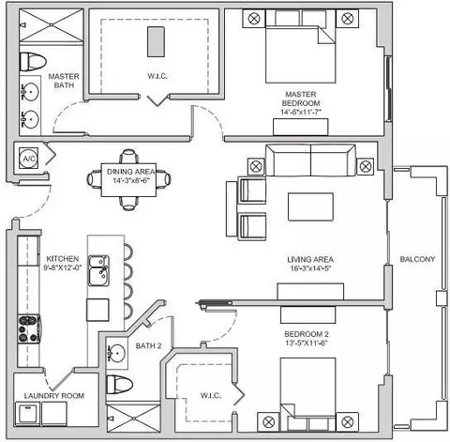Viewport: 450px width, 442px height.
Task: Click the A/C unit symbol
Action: pos(29,159)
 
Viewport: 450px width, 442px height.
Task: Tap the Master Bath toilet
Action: pos(33,61)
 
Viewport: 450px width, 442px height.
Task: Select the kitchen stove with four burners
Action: pos(29,328)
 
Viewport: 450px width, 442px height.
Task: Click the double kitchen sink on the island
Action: pos(98,270)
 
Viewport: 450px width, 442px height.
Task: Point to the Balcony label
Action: pos(417,259)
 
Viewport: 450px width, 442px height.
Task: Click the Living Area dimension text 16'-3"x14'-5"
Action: pos(310,268)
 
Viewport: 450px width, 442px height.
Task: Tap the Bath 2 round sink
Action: pos(116,353)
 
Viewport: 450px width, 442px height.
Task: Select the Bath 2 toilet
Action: pos(119,385)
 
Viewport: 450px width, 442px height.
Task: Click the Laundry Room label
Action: pos(54,396)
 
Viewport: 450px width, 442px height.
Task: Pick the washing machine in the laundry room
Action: pos(28,414)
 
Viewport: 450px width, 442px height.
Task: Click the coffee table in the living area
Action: pos(310,206)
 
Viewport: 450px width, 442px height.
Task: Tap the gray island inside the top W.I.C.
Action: pos(156,41)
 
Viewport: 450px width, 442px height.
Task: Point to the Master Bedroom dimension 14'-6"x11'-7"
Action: pos(301,112)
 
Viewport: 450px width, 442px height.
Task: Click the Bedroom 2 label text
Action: pos(307,334)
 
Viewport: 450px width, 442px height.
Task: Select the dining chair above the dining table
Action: pos(128,156)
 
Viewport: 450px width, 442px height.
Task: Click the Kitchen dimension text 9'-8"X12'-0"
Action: pos(63,267)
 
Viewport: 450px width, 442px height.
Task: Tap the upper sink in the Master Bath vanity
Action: pos(30,92)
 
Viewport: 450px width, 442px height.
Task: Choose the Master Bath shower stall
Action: pos(52,25)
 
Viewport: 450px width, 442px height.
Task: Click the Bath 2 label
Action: pos(148,345)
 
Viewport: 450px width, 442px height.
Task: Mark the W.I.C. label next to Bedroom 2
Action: pos(211,395)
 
